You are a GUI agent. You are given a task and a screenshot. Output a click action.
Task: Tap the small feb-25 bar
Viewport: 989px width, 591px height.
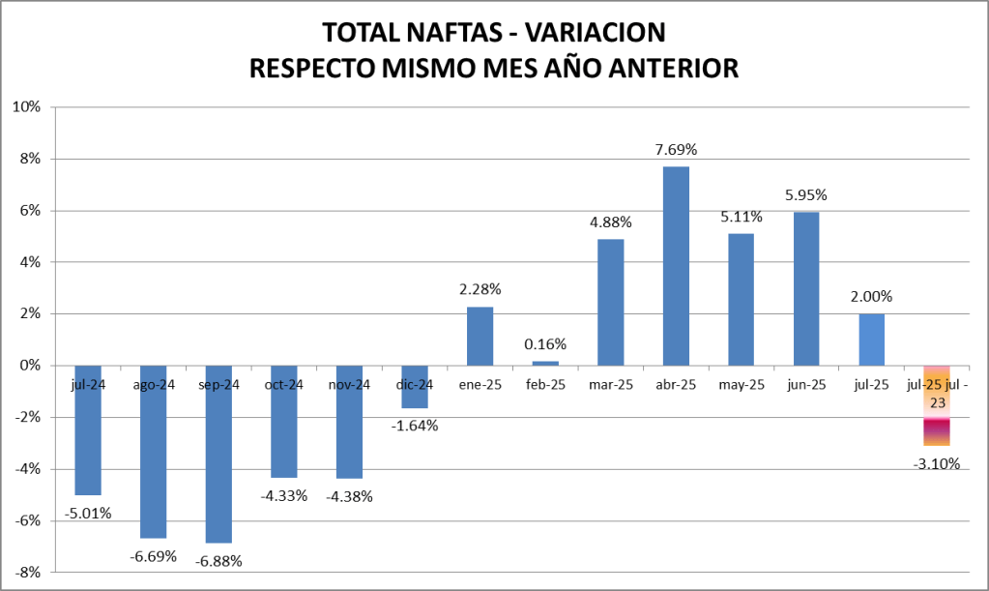(545, 363)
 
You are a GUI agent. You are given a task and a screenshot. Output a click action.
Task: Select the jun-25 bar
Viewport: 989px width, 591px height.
(805, 288)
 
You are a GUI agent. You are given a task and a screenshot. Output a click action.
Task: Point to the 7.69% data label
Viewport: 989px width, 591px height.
(676, 150)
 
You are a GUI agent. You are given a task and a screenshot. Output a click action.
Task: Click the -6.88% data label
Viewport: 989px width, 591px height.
(218, 561)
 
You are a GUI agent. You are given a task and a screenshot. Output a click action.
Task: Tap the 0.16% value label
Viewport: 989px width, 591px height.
(545, 344)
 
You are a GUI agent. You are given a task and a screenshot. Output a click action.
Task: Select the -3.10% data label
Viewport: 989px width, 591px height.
(936, 464)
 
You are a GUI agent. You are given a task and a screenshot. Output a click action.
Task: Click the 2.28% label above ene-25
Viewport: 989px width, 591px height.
(480, 289)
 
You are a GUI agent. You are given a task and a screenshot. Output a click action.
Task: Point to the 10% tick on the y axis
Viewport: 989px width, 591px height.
(25, 106)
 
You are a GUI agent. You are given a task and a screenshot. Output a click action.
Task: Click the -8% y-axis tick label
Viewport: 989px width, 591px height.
(25, 572)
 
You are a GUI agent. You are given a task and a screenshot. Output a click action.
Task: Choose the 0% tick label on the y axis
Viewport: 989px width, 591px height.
(29, 366)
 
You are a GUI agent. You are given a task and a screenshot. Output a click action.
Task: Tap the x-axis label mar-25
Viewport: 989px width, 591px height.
(610, 385)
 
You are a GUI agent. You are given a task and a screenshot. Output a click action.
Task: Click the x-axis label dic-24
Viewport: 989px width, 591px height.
(415, 385)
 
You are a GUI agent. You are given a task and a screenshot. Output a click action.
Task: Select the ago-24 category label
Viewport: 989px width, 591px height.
(154, 385)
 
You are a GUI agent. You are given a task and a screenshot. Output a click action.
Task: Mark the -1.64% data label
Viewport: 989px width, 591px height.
(415, 426)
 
